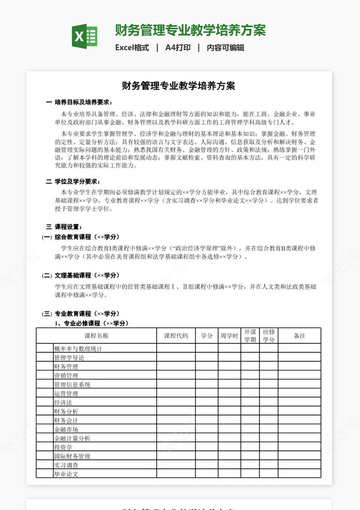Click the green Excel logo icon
85,36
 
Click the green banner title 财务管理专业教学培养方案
190,31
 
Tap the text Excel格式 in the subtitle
132,48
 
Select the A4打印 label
178,48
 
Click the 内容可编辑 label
225,48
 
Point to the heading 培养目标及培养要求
83,102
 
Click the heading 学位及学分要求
77,182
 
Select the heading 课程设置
68,227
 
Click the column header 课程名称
96,336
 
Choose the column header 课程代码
176,336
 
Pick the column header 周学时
229,336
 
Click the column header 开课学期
250,336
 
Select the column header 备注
299,336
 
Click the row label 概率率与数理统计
78,349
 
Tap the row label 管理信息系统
72,384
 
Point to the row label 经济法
63,402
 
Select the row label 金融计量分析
72,438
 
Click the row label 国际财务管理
72,456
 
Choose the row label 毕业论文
66,474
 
